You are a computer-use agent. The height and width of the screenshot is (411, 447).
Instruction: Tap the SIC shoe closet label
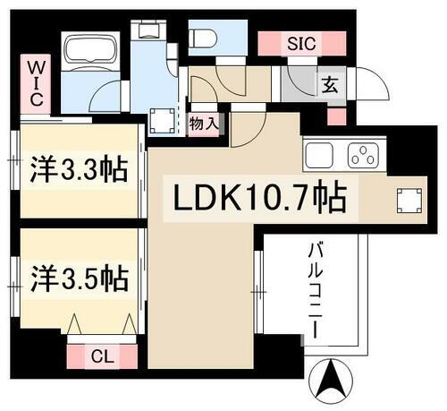[x=299, y=41]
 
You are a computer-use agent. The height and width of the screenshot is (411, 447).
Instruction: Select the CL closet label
[x=102, y=355]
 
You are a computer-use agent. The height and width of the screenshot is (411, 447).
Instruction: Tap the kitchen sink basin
[x=319, y=154]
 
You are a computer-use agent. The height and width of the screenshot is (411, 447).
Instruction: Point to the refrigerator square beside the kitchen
[x=409, y=201]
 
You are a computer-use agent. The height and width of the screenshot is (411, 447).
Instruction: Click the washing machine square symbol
[x=163, y=119]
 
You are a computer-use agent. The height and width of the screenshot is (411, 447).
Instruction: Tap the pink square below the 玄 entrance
[x=336, y=116]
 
